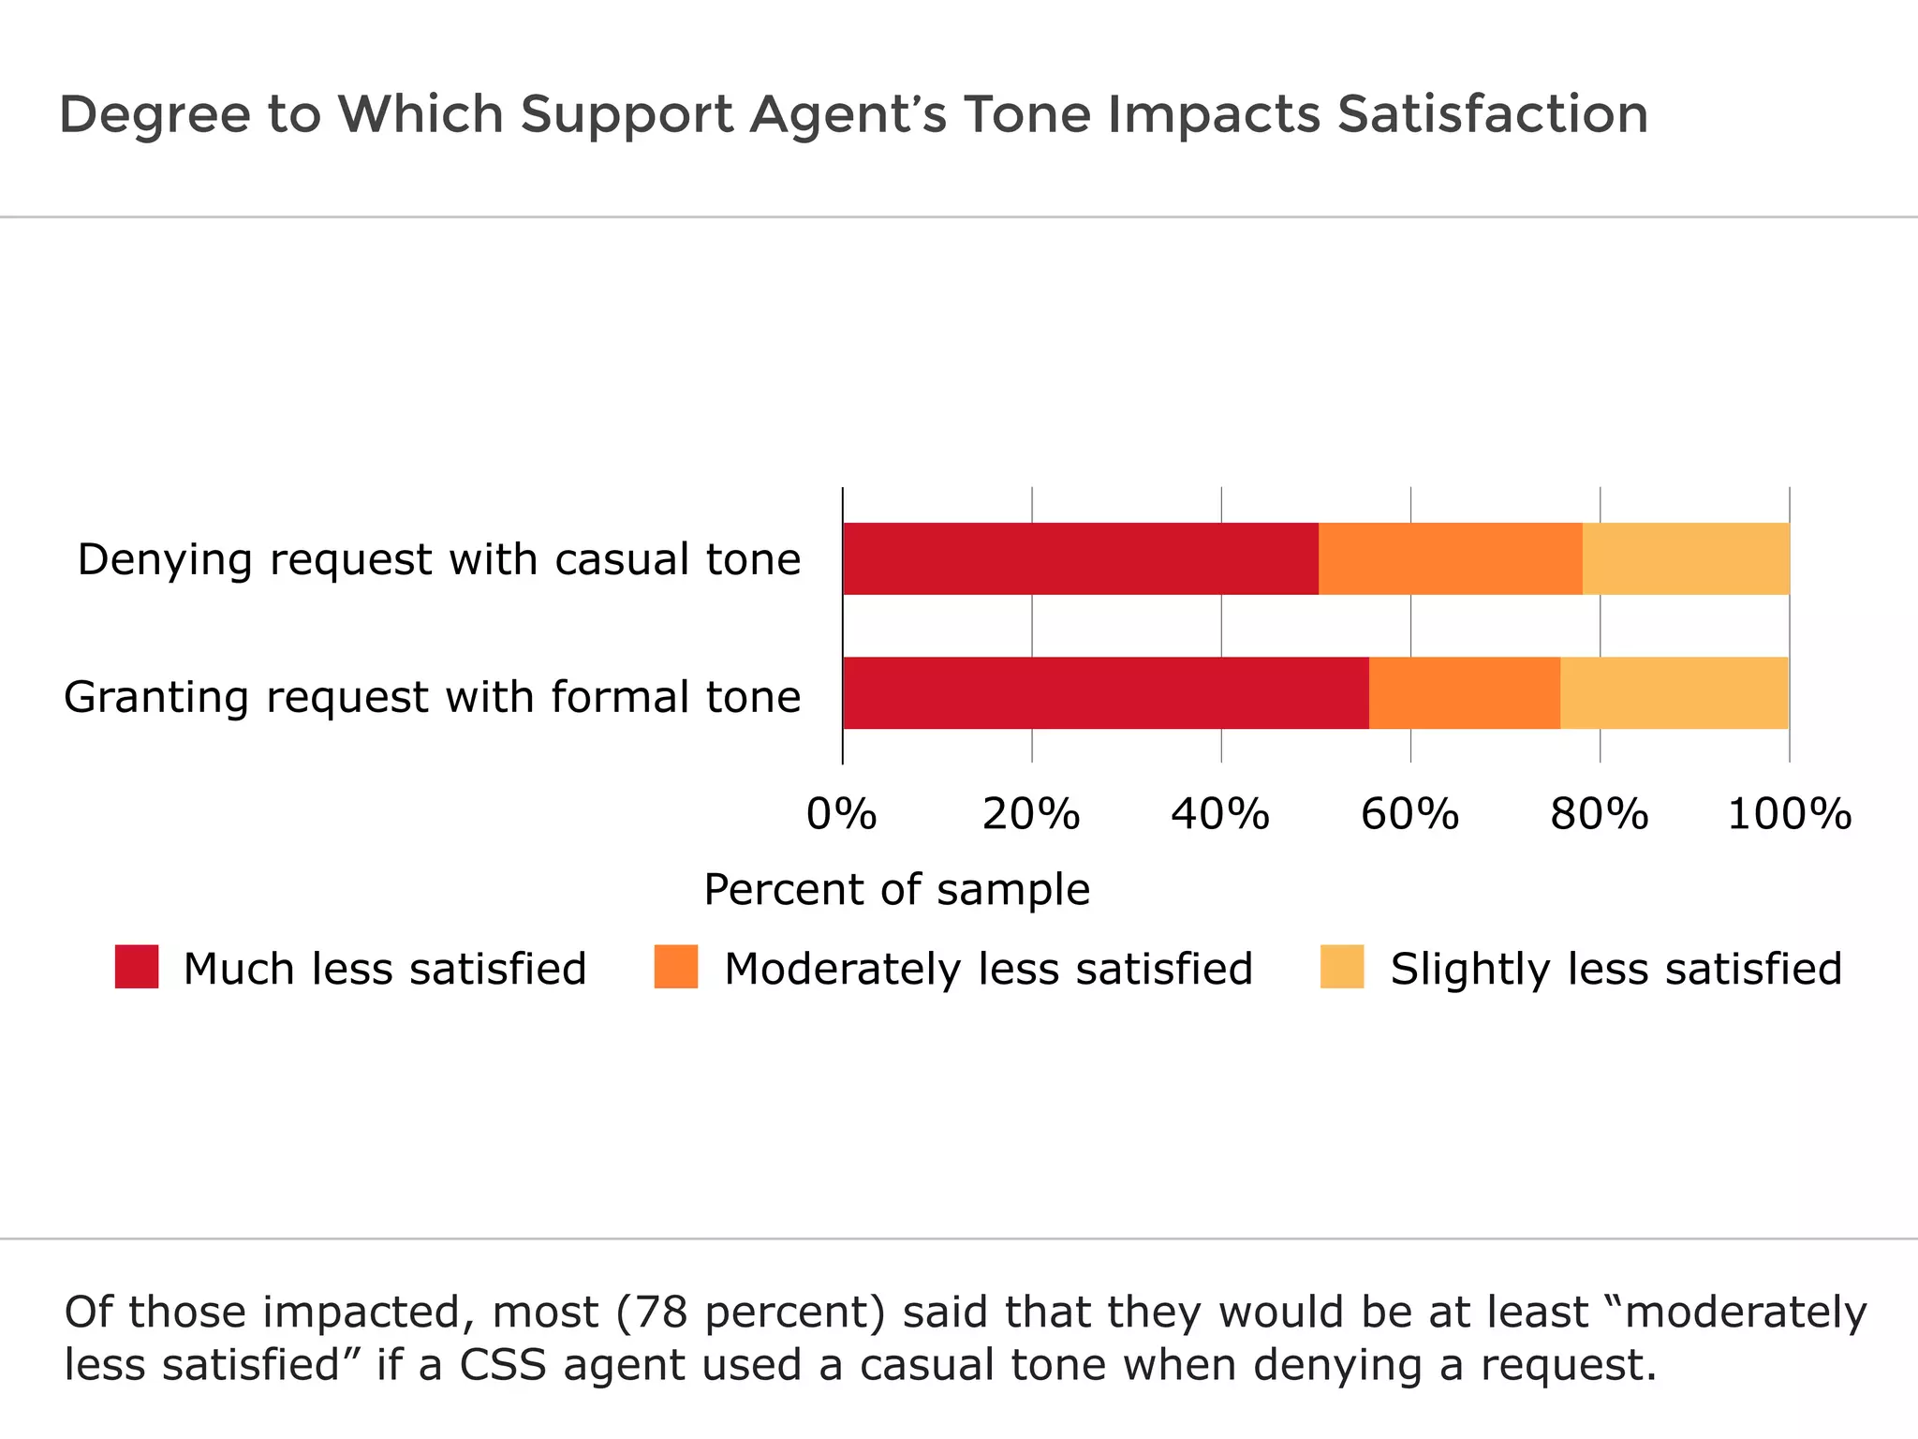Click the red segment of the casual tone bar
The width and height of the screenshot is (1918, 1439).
click(x=1081, y=559)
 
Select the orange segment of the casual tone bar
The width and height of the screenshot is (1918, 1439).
click(x=1450, y=559)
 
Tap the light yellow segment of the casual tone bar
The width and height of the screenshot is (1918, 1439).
click(x=1686, y=559)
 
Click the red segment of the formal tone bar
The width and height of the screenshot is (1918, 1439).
click(x=1105, y=693)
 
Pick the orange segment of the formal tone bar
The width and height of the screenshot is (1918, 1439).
click(x=1465, y=693)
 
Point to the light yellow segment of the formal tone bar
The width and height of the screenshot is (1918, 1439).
click(x=1675, y=693)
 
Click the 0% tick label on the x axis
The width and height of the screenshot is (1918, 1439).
click(x=841, y=814)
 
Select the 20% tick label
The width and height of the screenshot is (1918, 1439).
click(x=1031, y=814)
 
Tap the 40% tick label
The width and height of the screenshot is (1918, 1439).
click(x=1220, y=814)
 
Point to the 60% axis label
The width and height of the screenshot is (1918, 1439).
click(x=1409, y=814)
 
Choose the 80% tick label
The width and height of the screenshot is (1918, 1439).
click(x=1599, y=814)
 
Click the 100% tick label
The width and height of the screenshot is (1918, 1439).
click(x=1789, y=814)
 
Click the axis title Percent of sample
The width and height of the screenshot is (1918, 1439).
click(x=896, y=890)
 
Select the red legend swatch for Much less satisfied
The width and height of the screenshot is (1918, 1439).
click(x=137, y=967)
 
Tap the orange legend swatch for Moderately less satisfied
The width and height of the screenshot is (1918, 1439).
click(x=676, y=967)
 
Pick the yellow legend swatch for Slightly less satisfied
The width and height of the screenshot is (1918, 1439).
click(x=1342, y=967)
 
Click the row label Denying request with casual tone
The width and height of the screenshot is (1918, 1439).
click(x=439, y=560)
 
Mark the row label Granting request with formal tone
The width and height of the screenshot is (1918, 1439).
click(x=432, y=698)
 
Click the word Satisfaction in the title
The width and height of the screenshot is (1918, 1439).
click(x=1493, y=114)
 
